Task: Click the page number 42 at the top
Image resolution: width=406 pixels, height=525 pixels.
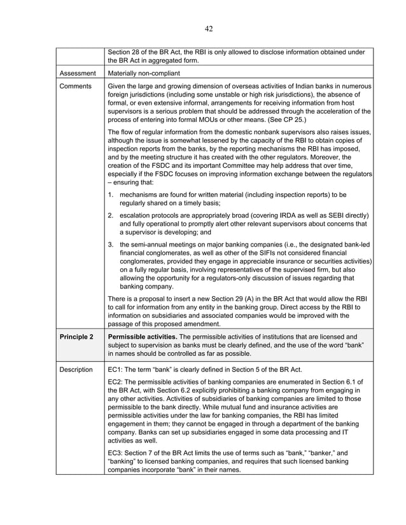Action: pos(209,28)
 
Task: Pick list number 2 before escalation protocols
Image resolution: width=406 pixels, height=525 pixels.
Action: pos(111,215)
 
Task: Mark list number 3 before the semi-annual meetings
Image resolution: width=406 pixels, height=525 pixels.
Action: pos(111,245)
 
